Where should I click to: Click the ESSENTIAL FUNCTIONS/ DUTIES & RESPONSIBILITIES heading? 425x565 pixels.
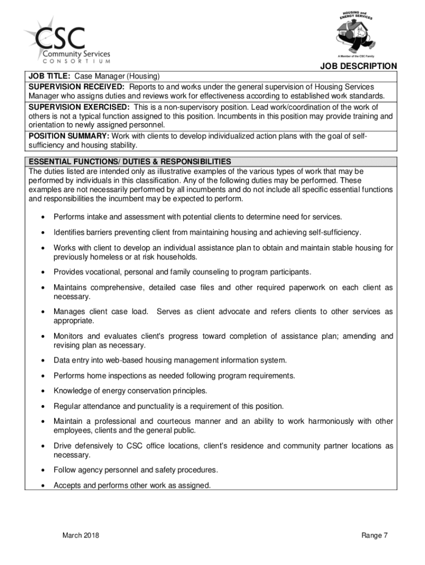coord(130,162)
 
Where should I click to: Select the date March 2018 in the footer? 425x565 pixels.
coord(81,535)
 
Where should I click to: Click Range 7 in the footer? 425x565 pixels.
coord(375,535)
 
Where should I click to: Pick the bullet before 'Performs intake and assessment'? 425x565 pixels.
coord(42,217)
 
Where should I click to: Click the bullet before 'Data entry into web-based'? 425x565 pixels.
coord(42,361)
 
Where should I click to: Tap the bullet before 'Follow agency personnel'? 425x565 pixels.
coord(42,471)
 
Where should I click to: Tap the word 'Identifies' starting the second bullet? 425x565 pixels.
coord(68,232)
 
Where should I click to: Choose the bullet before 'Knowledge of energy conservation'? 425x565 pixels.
coord(42,391)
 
